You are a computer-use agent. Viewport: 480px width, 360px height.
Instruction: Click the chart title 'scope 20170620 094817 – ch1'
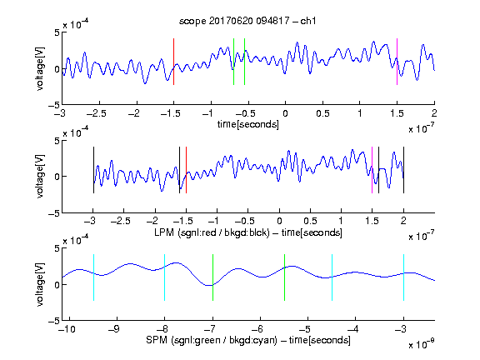247,21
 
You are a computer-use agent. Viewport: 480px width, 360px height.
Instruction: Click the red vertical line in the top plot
173,62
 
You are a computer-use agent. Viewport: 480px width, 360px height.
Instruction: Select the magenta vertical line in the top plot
397,62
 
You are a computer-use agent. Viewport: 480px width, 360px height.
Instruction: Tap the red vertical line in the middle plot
186,170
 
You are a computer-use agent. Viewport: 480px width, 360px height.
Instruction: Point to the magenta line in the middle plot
372,170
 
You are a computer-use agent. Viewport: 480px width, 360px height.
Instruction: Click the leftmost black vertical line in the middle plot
93,170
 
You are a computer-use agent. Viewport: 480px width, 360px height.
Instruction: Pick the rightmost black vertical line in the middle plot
403,170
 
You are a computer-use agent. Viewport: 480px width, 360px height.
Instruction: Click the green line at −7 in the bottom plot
212,277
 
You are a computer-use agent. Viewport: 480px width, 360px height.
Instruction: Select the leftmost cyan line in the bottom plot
93,277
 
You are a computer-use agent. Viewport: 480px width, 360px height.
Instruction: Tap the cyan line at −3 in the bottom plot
403,277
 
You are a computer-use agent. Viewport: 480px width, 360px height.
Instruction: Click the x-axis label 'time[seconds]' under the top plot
248,124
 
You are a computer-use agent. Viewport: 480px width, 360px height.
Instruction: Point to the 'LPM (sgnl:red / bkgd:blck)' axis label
212,232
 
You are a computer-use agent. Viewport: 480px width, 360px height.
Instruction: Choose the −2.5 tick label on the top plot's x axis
96,113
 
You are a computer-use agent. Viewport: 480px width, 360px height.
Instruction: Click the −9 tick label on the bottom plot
114,329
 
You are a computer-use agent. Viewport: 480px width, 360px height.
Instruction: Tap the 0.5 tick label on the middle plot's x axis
310,221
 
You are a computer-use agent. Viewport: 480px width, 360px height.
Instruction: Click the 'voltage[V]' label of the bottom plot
40,284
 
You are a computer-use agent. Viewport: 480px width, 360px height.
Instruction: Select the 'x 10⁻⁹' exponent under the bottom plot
421,344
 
